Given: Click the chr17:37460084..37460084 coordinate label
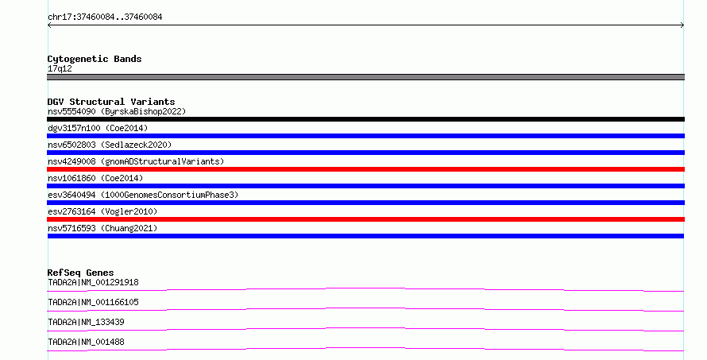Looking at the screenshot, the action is click(105, 17).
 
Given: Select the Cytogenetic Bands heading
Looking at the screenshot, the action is click(95, 59).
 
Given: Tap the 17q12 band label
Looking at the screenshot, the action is click(60, 68).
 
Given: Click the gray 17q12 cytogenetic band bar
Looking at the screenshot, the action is click(365, 77).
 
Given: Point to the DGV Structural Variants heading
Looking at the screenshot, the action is click(111, 102).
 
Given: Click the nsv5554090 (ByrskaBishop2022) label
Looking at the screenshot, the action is click(117, 111).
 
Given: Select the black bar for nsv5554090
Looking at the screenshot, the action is click(365, 119).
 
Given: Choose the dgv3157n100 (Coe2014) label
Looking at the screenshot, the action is click(98, 128).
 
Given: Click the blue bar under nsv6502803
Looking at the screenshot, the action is click(365, 153).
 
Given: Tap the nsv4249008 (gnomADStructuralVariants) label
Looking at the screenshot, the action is click(136, 161).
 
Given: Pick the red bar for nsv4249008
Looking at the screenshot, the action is click(365, 169).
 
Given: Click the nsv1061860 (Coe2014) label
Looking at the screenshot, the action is click(95, 178).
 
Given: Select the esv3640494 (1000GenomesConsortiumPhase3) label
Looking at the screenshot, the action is click(143, 195).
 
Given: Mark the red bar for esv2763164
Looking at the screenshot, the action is click(365, 219).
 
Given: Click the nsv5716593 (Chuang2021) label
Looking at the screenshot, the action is click(102, 228).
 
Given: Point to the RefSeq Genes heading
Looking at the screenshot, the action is click(80, 273).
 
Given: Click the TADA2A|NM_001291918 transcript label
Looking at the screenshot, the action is click(93, 282).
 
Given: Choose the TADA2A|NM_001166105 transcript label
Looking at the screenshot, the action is click(93, 302).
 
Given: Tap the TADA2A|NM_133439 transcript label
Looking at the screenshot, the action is click(86, 322).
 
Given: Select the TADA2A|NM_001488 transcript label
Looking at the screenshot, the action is click(86, 342).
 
